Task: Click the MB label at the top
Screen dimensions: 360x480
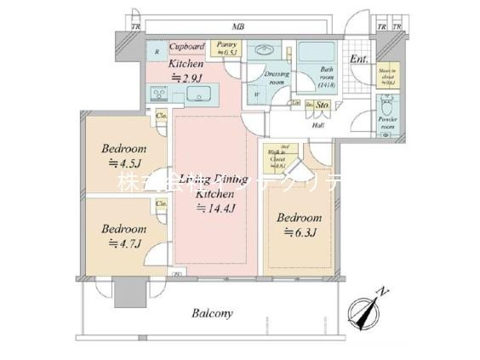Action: coord(239,27)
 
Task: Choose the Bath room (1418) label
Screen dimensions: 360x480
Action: coord(326,77)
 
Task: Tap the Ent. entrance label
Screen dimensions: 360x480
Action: coord(358,59)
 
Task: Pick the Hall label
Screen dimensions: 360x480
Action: coord(317,124)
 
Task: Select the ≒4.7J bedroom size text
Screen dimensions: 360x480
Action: coord(124,243)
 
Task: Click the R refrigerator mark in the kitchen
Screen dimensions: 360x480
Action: coord(157,53)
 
